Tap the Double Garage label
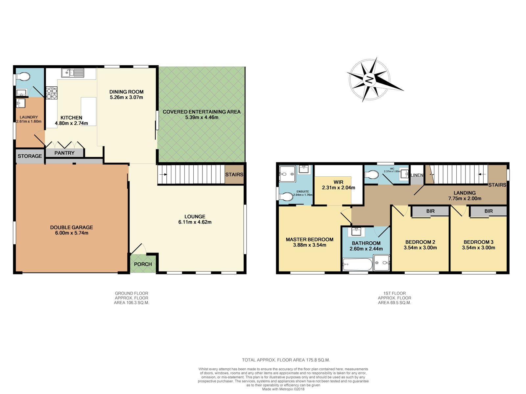tap(71, 227)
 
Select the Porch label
tap(143, 264)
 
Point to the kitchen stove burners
tap(52, 93)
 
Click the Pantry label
tap(64, 153)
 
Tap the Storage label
tap(30, 156)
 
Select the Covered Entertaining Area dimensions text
tap(202, 117)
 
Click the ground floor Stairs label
tap(234, 174)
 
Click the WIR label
tap(338, 182)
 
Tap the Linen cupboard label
tap(417, 175)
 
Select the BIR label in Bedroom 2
tap(430, 211)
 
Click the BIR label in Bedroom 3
tap(489, 211)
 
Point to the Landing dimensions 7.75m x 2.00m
tap(465, 198)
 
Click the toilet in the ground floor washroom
tap(24, 77)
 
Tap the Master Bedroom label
tap(309, 239)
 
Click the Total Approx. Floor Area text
tap(286, 360)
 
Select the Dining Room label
tap(126, 92)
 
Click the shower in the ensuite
tap(287, 173)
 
